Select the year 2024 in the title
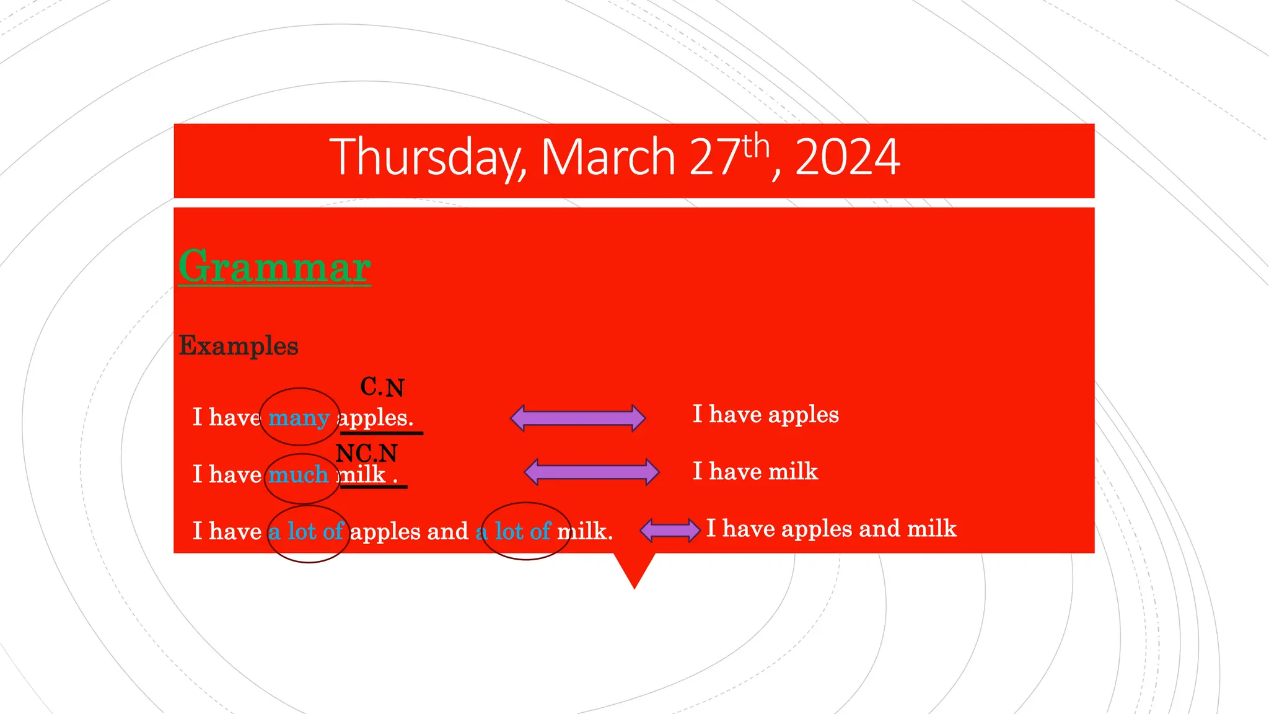click(847, 158)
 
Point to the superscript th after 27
click(756, 147)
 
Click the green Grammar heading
click(274, 267)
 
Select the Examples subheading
click(239, 346)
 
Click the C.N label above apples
click(382, 387)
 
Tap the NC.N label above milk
click(367, 454)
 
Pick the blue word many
click(299, 418)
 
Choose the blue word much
click(298, 475)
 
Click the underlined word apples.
click(375, 418)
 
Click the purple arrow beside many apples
click(577, 418)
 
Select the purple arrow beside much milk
click(591, 472)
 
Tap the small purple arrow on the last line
click(670, 531)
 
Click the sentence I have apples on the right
click(765, 414)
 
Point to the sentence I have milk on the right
click(755, 472)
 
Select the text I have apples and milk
click(831, 529)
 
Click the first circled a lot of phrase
click(307, 532)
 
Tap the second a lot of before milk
click(514, 532)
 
